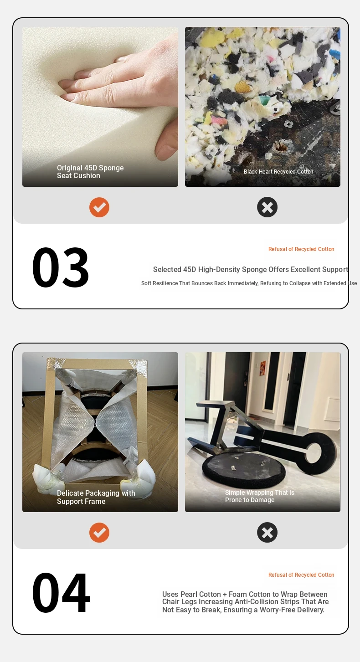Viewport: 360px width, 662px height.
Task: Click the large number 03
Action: (61, 267)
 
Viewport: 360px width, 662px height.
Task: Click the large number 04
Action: (61, 593)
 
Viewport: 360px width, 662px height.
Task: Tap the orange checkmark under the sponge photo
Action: (99, 207)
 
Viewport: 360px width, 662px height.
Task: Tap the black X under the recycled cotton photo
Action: (267, 207)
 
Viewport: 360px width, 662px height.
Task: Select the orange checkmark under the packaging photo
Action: (99, 533)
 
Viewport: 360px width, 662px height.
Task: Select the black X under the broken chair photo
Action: (267, 533)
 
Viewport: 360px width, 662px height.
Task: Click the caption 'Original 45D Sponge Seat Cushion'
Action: (90, 172)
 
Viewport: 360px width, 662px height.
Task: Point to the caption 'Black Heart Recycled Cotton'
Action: (278, 172)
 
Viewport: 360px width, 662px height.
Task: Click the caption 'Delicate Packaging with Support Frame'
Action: (96, 497)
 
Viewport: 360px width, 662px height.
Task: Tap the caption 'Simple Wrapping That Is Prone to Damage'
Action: (259, 496)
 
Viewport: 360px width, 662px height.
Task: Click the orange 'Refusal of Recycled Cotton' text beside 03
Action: (301, 249)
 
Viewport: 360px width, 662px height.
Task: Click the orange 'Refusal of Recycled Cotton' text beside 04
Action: (301, 575)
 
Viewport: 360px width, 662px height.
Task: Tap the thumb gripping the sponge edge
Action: (167, 141)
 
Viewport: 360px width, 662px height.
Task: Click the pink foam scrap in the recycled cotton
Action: (219, 121)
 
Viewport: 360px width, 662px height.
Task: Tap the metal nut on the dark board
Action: (286, 124)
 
